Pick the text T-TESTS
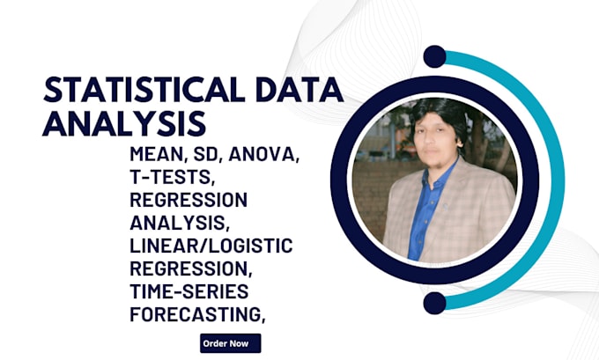164,178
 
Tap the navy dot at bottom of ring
433,304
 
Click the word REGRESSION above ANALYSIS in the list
187,200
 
